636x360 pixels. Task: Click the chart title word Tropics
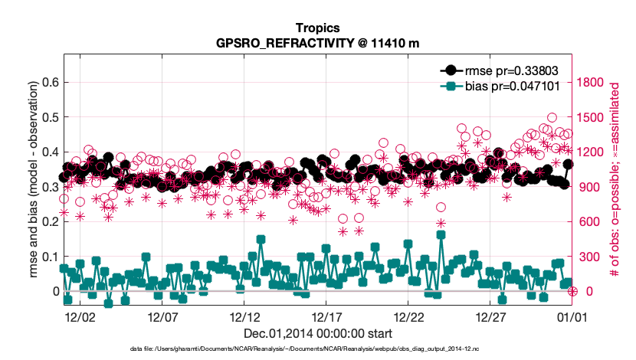point(318,28)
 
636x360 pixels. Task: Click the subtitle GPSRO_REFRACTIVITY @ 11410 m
point(318,43)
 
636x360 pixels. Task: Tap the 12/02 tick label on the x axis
point(80,316)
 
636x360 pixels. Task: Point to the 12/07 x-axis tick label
point(162,316)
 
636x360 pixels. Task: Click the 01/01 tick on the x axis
point(571,316)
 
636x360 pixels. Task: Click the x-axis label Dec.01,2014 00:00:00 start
point(318,333)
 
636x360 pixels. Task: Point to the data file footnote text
point(318,349)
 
